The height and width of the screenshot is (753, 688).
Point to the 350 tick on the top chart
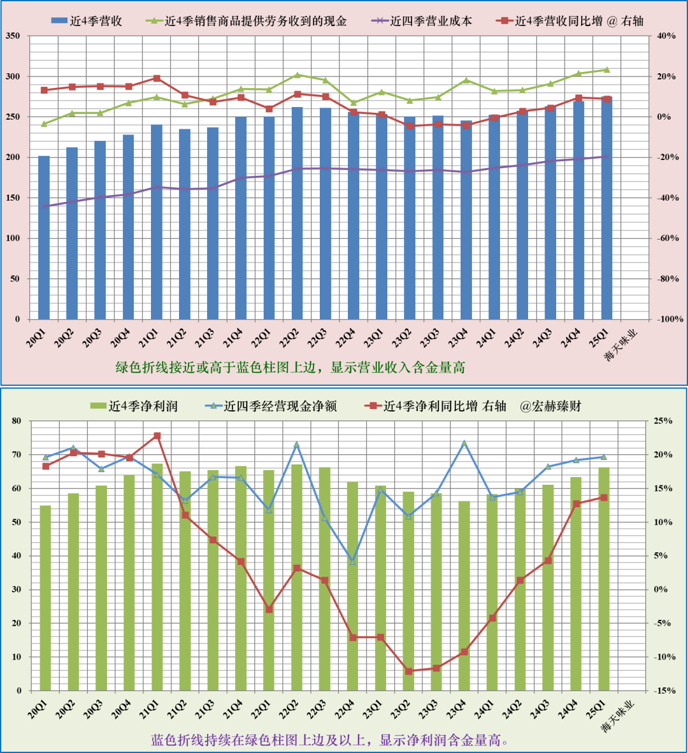pos(13,36)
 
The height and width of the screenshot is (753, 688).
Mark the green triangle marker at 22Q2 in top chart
pos(297,75)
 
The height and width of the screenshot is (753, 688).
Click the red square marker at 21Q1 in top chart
pos(157,78)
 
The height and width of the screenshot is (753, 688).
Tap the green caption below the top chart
pos(290,368)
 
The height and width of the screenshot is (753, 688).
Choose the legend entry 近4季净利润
pos(134,406)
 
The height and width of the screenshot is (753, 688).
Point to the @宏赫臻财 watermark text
pos(550,406)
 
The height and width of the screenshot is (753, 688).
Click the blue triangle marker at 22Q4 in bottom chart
pos(353,561)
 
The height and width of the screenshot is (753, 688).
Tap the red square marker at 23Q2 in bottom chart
pos(409,671)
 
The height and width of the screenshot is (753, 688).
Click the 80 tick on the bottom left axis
pos(16,421)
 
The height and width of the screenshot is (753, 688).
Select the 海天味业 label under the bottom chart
pos(619,717)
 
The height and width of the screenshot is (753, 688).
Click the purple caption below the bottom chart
pos(330,740)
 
